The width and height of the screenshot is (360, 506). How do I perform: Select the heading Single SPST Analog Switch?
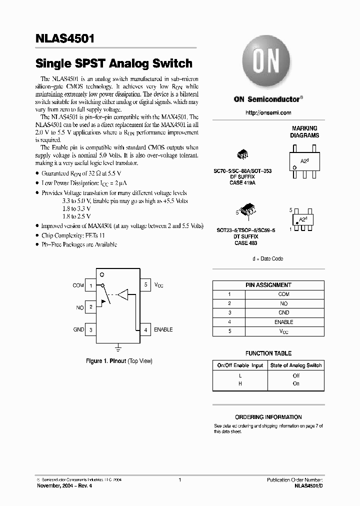(x=114, y=63)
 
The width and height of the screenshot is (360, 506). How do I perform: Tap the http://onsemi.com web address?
(x=268, y=113)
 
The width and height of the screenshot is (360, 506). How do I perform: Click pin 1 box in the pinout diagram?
(x=90, y=285)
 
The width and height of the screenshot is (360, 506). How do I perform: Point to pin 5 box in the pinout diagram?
(x=145, y=285)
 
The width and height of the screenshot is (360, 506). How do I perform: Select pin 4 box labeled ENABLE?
(x=145, y=329)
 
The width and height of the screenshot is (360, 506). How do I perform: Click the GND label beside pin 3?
(x=78, y=330)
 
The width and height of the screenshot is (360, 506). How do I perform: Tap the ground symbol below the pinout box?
(x=118, y=346)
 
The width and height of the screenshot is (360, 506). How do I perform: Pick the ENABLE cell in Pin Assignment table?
(x=284, y=322)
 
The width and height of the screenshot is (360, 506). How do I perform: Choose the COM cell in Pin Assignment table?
(x=284, y=294)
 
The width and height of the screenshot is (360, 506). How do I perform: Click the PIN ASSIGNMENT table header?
(x=268, y=285)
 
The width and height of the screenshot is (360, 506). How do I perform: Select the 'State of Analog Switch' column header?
(x=295, y=365)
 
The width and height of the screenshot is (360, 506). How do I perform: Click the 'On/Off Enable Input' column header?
(x=240, y=365)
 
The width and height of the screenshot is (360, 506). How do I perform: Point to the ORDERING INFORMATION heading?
(x=268, y=417)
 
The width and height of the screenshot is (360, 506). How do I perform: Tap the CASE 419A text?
(x=242, y=183)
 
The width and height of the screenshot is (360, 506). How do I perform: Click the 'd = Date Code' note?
(x=268, y=258)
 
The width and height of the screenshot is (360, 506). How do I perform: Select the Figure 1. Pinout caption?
(x=119, y=361)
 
